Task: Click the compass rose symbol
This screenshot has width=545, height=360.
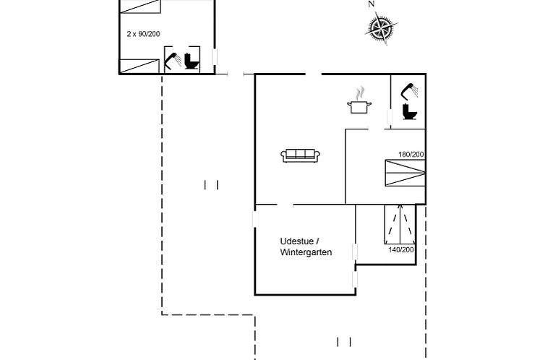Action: (381, 28)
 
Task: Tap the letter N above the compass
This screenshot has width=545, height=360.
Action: (372, 4)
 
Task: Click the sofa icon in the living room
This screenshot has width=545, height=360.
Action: (301, 155)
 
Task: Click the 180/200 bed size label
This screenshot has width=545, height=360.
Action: (411, 154)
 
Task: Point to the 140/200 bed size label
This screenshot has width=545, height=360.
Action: (401, 249)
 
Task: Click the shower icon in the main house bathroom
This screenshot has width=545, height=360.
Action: (409, 90)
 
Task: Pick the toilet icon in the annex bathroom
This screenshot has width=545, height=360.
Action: (192, 61)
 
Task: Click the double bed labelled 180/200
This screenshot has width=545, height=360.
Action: (404, 173)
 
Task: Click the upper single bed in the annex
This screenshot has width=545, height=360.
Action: (140, 7)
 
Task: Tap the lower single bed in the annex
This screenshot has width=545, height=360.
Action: (140, 66)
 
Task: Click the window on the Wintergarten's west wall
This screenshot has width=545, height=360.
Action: (256, 218)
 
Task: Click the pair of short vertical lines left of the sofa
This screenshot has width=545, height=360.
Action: (211, 185)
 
